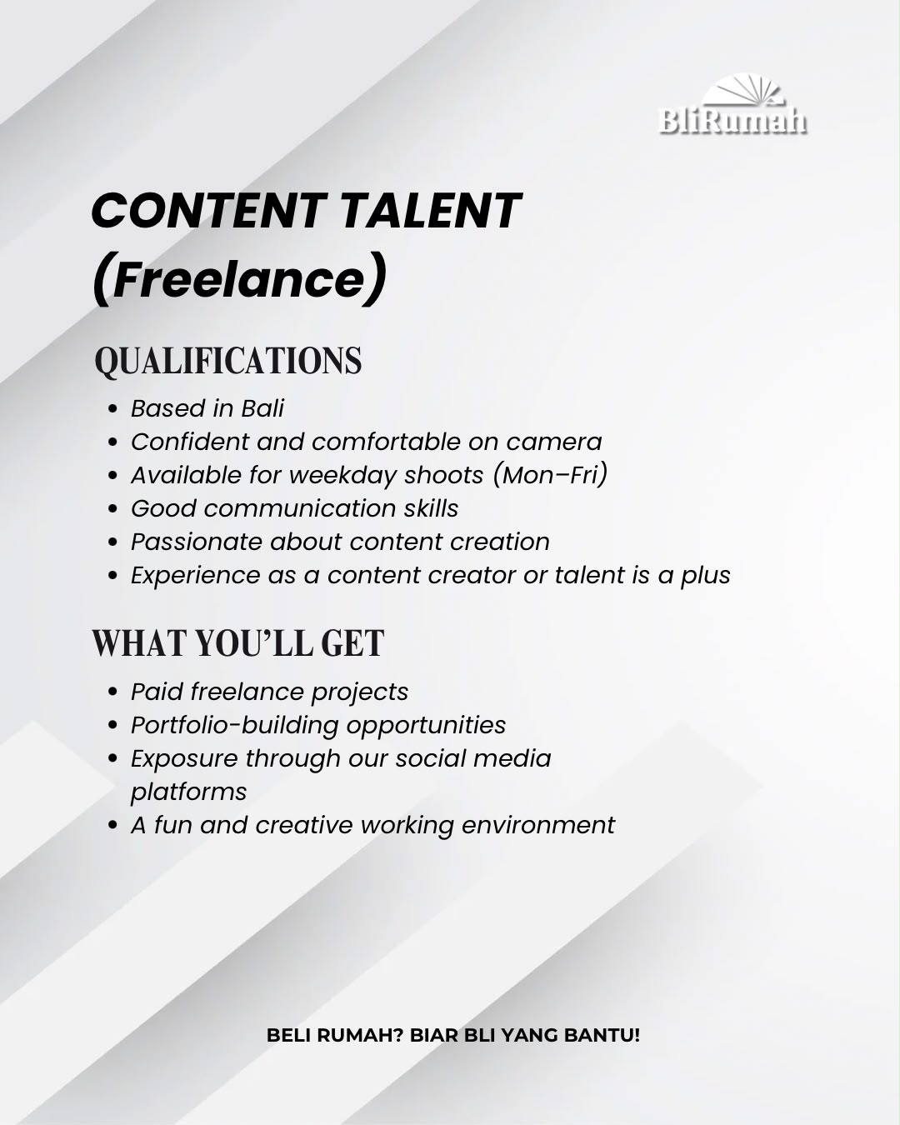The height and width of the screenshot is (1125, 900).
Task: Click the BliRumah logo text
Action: click(x=732, y=121)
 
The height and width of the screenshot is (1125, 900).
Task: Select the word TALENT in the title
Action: click(x=432, y=211)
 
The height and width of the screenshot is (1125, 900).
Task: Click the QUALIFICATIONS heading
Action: click(x=228, y=361)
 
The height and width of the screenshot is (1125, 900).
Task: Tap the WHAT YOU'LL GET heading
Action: click(x=238, y=643)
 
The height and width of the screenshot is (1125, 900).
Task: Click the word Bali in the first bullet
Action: click(x=262, y=408)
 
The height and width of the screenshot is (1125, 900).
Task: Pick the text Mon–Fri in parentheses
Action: click(x=550, y=475)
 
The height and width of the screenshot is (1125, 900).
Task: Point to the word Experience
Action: click(x=195, y=576)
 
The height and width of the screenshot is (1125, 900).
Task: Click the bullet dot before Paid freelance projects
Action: click(x=112, y=692)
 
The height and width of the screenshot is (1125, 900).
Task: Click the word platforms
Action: click(x=188, y=792)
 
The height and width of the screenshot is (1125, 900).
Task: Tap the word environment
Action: click(x=538, y=826)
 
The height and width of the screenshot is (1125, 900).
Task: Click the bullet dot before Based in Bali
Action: click(x=112, y=409)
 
